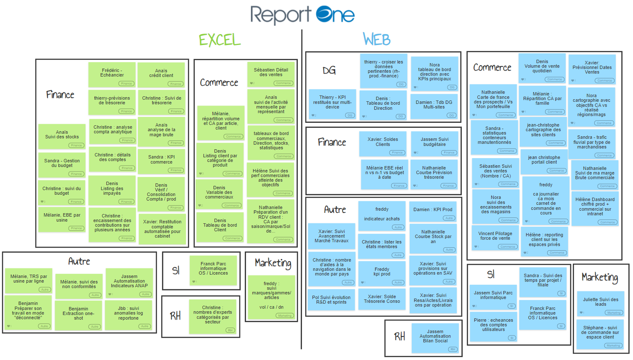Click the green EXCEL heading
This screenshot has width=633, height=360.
click(x=220, y=40)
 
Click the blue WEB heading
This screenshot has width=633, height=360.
click(x=377, y=40)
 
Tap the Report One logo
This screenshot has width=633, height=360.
click(x=302, y=15)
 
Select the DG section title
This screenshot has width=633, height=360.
click(x=329, y=71)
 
